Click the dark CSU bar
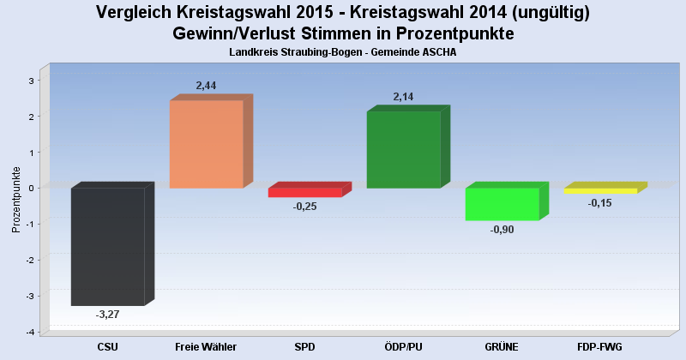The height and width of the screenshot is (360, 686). tap(107, 247)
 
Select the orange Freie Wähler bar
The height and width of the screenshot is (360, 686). tap(206, 144)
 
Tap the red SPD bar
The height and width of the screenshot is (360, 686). tap(304, 193)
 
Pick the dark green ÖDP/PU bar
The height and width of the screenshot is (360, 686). tap(403, 149)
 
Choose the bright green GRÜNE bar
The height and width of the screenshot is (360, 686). tap(502, 204)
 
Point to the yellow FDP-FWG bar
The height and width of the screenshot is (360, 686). tap(600, 190)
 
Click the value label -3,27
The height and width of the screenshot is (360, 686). tap(107, 315)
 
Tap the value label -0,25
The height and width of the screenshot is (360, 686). tap(304, 207)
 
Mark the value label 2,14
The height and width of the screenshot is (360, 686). tap(404, 97)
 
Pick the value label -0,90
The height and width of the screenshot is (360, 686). tap(502, 230)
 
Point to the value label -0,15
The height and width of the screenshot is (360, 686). tap(600, 203)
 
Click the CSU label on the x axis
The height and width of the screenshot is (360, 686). tap(107, 346)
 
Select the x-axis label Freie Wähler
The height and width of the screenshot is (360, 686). tap(206, 346)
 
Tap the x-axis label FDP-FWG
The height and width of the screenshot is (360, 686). tap(600, 346)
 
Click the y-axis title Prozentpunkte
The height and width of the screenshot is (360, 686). tap(16, 200)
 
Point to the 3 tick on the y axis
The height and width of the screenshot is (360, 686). tap(31, 81)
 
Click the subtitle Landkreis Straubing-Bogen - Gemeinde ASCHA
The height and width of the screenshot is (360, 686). tap(343, 52)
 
